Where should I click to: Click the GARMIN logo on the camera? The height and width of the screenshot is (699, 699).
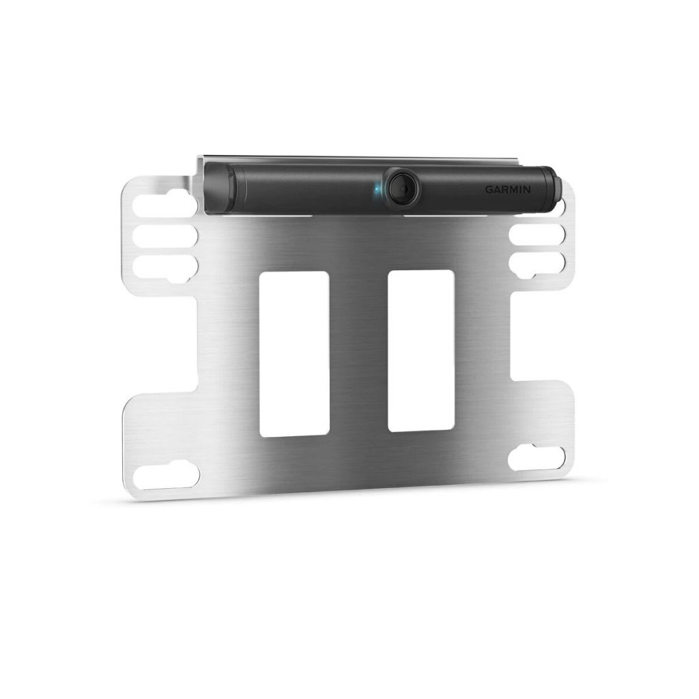[507, 190]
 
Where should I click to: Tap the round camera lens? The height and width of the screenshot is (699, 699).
[403, 188]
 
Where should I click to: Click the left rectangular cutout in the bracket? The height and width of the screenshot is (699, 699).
[295, 354]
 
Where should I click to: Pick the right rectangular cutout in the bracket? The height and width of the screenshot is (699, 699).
[421, 351]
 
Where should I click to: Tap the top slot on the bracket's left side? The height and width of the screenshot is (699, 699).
[165, 203]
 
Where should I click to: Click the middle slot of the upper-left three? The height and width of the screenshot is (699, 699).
[165, 236]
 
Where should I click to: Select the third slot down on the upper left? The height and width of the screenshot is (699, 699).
[165, 269]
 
